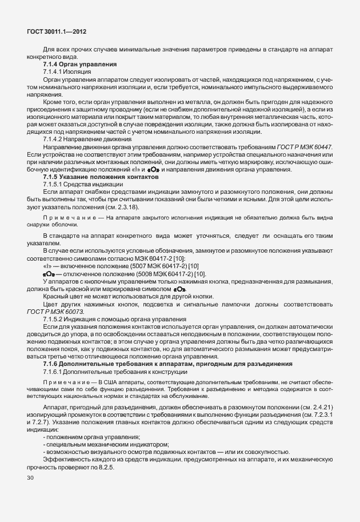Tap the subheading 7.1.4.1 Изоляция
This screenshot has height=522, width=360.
[x=67, y=72]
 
